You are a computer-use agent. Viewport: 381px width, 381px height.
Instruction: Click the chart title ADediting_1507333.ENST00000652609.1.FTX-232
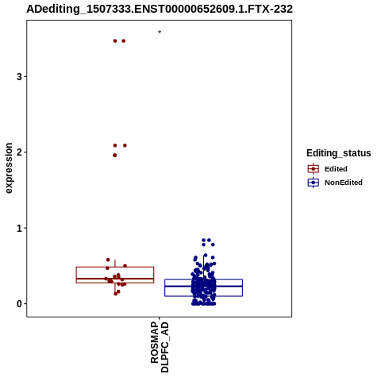[x=160, y=9]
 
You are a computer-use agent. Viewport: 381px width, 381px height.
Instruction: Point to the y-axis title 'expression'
[x=9, y=168]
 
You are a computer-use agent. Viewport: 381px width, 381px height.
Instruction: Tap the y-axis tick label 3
[x=19, y=77]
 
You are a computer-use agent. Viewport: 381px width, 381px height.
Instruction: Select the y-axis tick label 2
[x=19, y=152]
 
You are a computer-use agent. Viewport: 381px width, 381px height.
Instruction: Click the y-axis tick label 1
[x=19, y=228]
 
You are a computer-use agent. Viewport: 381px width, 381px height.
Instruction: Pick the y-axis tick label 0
[x=19, y=304]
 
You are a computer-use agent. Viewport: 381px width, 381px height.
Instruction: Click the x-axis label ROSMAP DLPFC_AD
[x=160, y=347]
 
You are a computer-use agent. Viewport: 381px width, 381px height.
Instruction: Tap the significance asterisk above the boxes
[x=160, y=33]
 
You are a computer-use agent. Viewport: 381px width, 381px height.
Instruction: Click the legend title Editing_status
[x=339, y=153]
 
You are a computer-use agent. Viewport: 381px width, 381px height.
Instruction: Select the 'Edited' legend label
[x=336, y=169]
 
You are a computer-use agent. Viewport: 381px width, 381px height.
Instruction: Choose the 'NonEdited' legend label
[x=344, y=183]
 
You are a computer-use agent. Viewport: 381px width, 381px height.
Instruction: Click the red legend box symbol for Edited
[x=314, y=169]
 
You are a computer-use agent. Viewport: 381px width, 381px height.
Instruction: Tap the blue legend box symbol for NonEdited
[x=314, y=183]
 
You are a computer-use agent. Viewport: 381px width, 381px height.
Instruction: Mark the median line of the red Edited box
[x=115, y=279]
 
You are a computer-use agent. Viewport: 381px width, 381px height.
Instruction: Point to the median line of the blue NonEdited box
[x=203, y=286]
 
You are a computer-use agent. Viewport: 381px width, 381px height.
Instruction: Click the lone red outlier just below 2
[x=115, y=156]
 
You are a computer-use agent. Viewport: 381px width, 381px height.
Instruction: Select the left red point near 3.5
[x=115, y=41]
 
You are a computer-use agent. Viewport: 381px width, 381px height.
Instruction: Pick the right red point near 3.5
[x=124, y=41]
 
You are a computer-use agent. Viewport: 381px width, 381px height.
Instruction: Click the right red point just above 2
[x=125, y=145]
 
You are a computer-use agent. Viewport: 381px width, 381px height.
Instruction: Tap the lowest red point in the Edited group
[x=116, y=294]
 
